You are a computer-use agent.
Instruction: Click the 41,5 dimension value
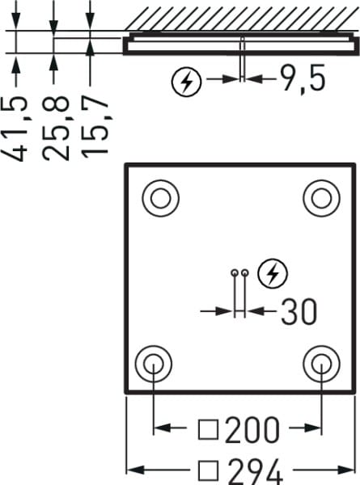pos(15,129)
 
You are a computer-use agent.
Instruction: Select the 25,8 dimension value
pos(55,129)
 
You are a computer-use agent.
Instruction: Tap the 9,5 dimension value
pos(303,78)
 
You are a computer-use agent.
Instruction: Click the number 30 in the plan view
pos(299,311)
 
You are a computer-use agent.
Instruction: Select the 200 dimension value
pos(252,430)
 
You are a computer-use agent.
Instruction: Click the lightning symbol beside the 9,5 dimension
pos(186,82)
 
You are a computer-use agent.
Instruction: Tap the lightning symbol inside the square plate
pos(273,273)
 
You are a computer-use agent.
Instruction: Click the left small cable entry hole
pos(235,273)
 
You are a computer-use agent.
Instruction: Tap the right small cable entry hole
pos(245,273)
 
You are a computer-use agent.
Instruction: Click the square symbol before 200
pos(208,430)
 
